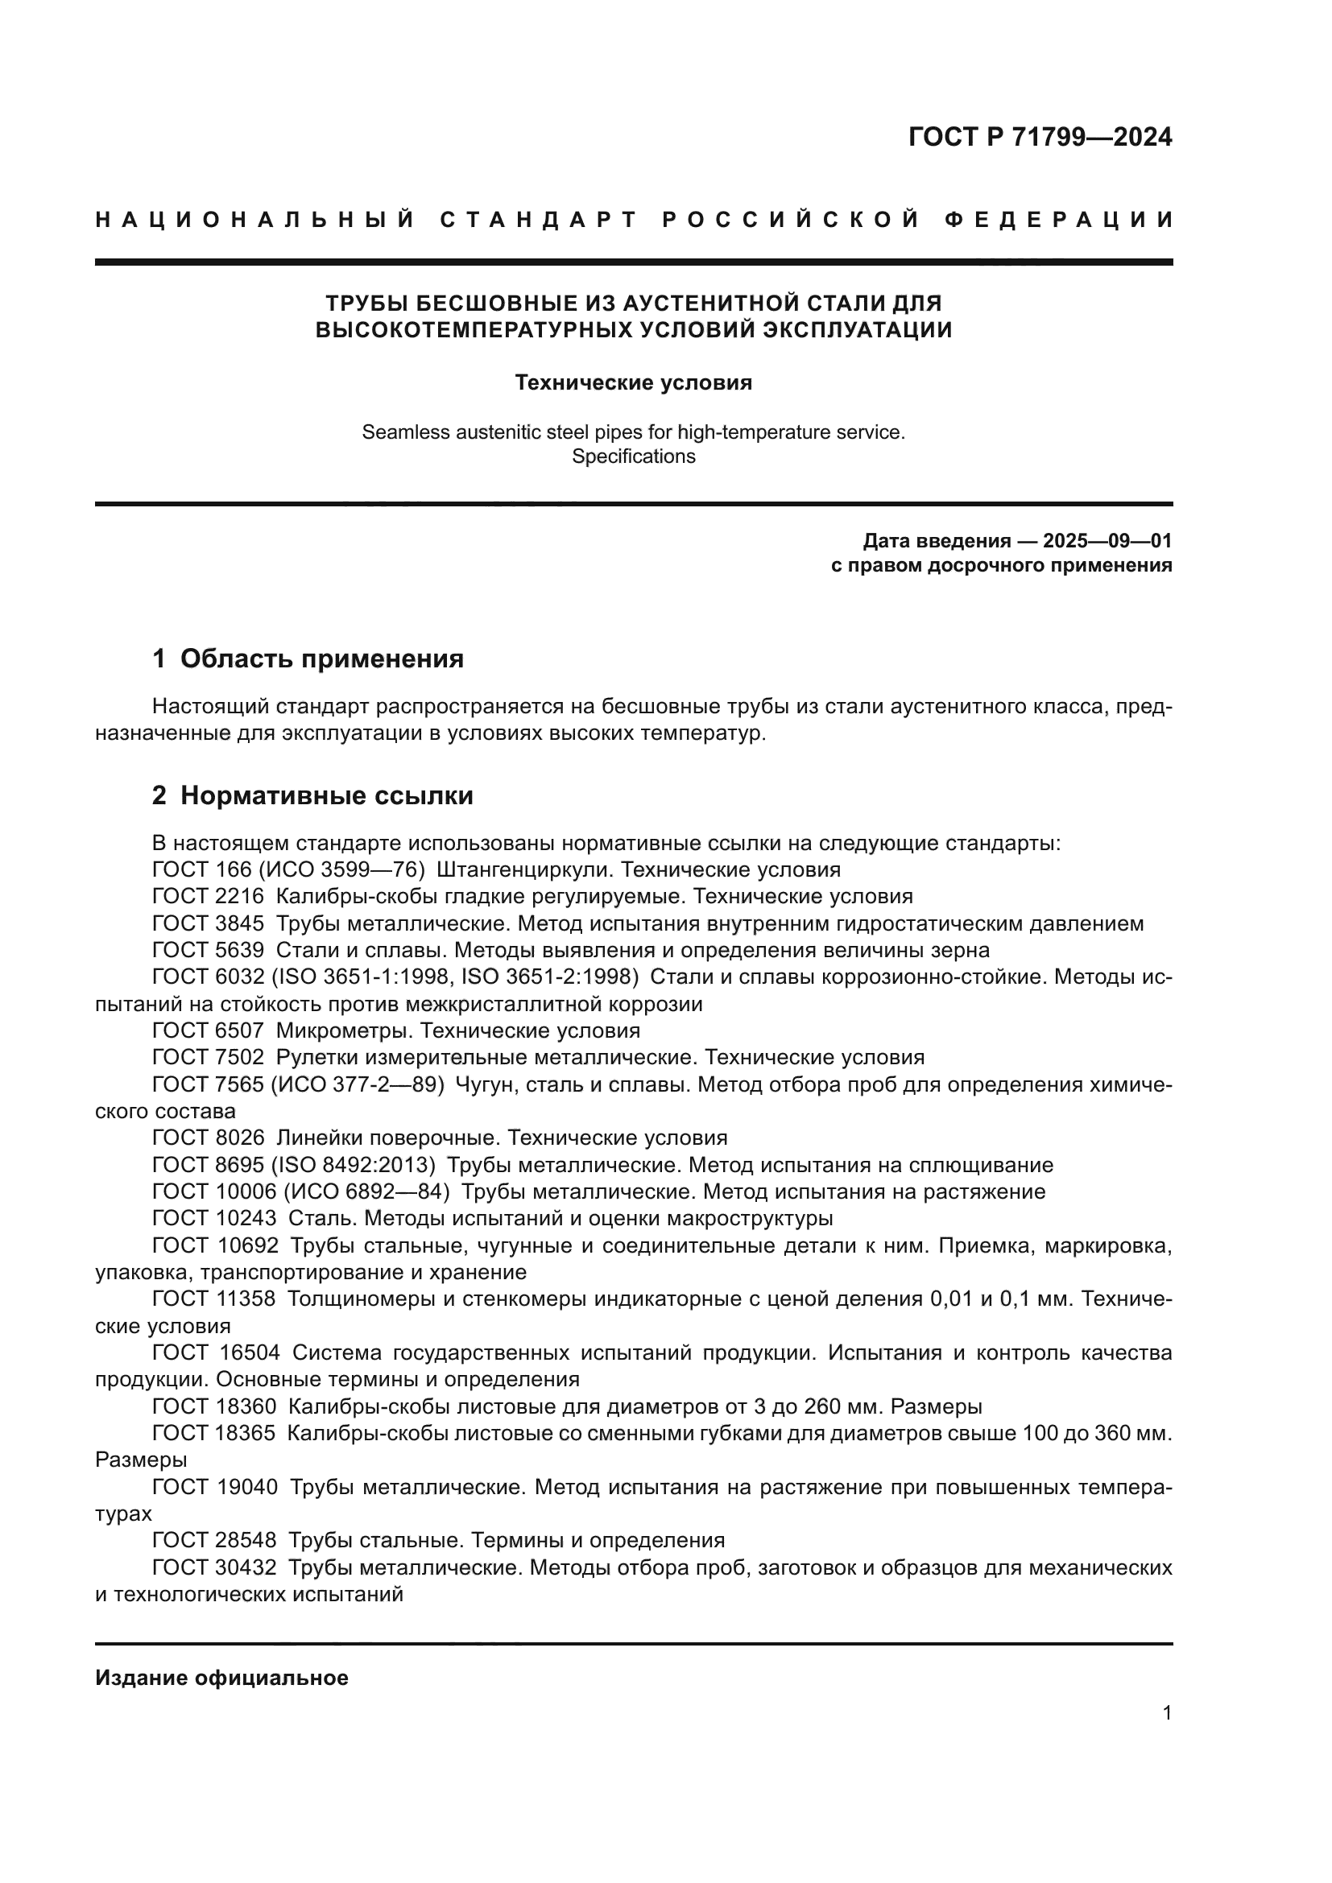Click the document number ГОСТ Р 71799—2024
click(1040, 137)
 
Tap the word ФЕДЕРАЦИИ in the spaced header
click(1059, 220)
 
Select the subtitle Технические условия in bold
click(633, 382)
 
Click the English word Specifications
click(633, 456)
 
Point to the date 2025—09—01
click(1107, 540)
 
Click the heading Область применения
click(321, 659)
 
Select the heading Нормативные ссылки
click(326, 795)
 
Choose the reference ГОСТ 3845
click(209, 924)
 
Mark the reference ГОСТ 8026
click(209, 1138)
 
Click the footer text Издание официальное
click(221, 1678)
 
